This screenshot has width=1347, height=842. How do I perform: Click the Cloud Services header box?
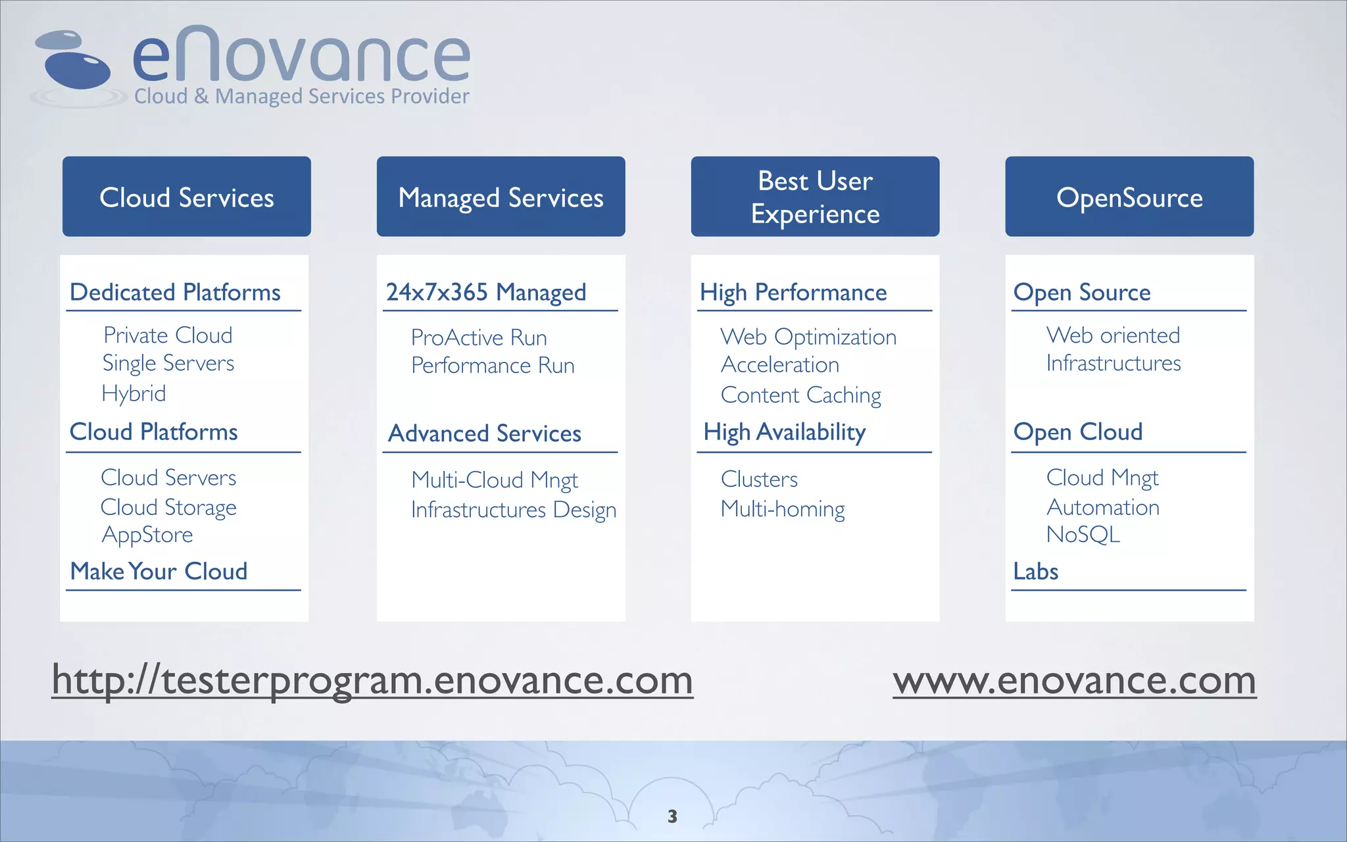[x=187, y=197]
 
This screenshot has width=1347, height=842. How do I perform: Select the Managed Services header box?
[x=501, y=197]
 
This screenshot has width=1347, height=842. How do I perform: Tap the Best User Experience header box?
[x=815, y=197]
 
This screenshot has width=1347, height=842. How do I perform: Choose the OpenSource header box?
[x=1129, y=197]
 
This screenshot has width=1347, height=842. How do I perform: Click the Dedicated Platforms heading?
[x=175, y=292]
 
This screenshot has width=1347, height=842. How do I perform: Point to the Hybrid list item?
[x=134, y=393]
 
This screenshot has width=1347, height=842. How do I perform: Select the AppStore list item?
[x=147, y=535]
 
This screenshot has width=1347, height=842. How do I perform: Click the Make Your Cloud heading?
[x=159, y=571]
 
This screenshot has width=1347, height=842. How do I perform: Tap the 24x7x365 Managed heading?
[x=485, y=292]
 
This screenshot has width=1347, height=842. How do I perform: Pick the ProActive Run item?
[x=479, y=337]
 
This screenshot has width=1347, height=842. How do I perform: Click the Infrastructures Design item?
[x=514, y=510]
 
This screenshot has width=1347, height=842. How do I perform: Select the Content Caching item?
[x=800, y=395]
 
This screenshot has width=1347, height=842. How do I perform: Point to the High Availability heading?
[x=784, y=432]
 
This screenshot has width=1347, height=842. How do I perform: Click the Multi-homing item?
[x=783, y=509]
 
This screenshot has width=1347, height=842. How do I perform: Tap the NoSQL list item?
[x=1083, y=535]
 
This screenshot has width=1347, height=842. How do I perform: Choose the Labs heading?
[x=1036, y=571]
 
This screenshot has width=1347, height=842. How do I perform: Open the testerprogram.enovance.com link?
[x=372, y=680]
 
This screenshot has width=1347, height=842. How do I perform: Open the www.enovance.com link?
[x=1074, y=680]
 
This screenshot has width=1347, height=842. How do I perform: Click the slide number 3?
[x=672, y=816]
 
